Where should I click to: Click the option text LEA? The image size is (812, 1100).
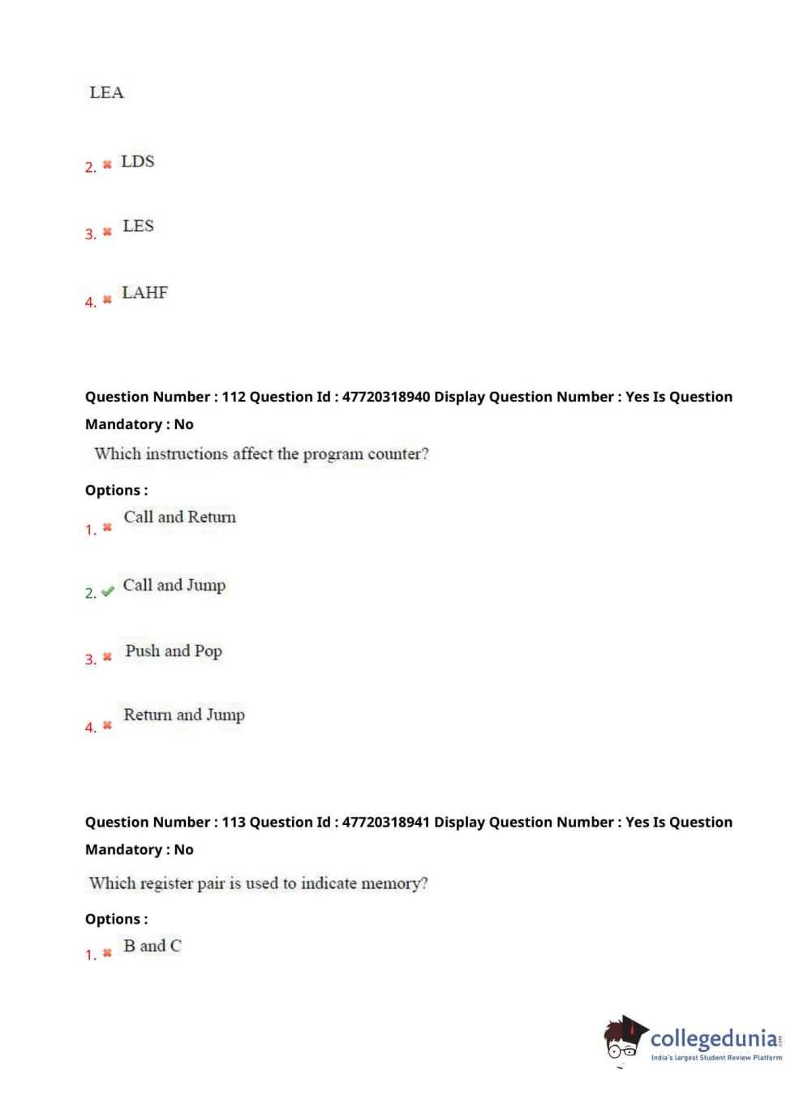[x=106, y=92]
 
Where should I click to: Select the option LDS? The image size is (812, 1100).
[x=137, y=161]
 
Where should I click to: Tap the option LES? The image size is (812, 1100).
[x=138, y=226]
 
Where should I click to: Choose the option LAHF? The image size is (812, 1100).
[x=144, y=292]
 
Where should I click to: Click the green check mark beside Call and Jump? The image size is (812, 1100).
[x=107, y=592]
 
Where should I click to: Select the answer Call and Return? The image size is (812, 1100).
[x=179, y=517]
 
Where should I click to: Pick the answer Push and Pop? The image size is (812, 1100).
[x=173, y=651]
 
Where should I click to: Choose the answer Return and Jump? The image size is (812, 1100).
[x=183, y=715]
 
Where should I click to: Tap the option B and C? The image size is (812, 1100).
[x=152, y=945]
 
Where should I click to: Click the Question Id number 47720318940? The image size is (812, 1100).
[x=385, y=397]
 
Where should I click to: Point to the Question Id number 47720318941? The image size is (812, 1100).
[x=385, y=822]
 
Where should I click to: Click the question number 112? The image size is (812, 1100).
[x=233, y=397]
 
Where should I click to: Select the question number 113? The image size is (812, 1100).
[x=233, y=822]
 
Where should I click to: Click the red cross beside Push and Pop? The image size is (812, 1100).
[x=107, y=657]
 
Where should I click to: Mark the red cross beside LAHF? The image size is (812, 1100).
[x=107, y=299]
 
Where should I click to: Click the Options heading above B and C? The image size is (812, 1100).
[x=116, y=919]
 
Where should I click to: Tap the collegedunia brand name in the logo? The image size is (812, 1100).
[x=714, y=1038]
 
